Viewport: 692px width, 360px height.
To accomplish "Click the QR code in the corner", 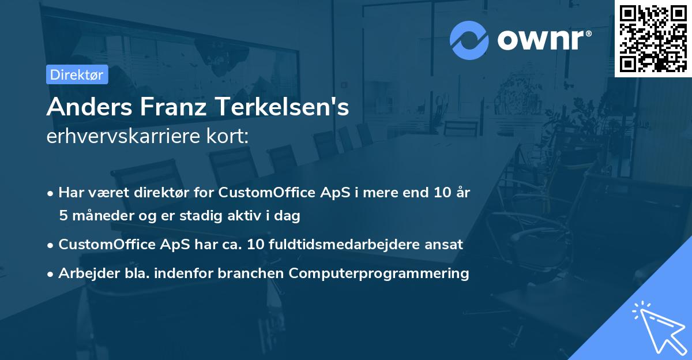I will pyautogui.click(x=653, y=38).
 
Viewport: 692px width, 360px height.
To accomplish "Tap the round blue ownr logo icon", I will pyautogui.click(x=469, y=40).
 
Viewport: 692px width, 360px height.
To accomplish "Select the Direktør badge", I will pyautogui.click(x=77, y=74).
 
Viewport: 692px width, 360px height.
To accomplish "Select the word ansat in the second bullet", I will pyautogui.click(x=446, y=244).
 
